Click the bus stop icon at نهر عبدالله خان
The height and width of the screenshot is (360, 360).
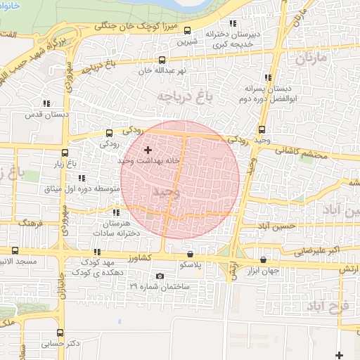tap(163, 60)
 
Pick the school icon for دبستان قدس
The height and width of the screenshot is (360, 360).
tap(46, 103)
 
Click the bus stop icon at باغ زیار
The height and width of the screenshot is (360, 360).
tap(65, 153)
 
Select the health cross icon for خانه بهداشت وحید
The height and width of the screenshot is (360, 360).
tap(148, 150)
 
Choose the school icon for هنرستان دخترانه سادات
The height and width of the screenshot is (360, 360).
tap(116, 212)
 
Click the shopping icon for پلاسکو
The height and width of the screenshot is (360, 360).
tap(190, 253)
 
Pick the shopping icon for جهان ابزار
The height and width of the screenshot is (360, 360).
tap(264, 259)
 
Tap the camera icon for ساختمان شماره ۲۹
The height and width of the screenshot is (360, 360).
tap(160, 276)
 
